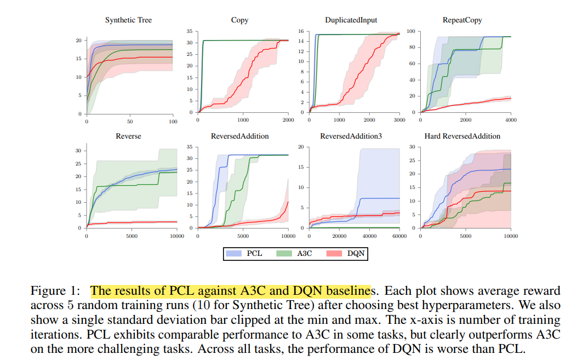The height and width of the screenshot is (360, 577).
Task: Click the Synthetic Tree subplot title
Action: coord(128,20)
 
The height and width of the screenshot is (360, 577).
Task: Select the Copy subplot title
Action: coord(239,20)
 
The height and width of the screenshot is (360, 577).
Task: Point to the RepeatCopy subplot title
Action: coord(462,20)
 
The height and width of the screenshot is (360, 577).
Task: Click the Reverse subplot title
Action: coord(129,136)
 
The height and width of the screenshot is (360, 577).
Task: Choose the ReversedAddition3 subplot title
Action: coord(351,136)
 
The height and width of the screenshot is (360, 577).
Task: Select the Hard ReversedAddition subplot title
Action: coord(462,136)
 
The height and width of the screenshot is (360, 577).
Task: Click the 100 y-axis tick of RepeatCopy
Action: coord(410,31)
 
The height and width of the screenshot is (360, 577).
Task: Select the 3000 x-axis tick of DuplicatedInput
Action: coord(399,119)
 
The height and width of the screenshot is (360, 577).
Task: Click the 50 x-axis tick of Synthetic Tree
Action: coord(130,121)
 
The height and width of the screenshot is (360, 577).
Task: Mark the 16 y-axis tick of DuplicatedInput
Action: coord(301,31)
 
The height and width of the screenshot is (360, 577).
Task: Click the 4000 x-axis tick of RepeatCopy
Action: coord(511,119)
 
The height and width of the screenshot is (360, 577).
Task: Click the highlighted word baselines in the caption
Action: coord(349,291)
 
